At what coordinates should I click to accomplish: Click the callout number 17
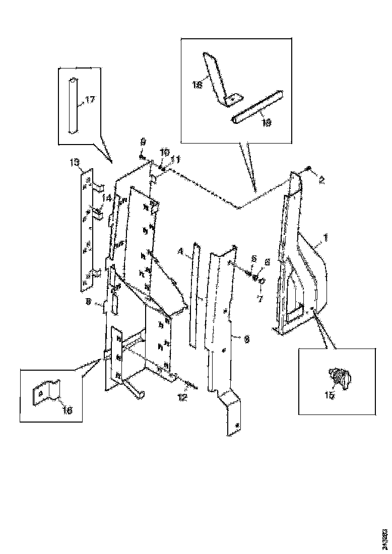point(89,100)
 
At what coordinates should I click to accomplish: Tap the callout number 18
point(197,85)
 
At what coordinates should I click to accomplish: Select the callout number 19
point(266,122)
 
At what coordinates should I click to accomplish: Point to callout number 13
point(75,162)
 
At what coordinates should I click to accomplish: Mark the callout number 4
point(181,251)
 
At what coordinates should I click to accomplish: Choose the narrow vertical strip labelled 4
point(193,297)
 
